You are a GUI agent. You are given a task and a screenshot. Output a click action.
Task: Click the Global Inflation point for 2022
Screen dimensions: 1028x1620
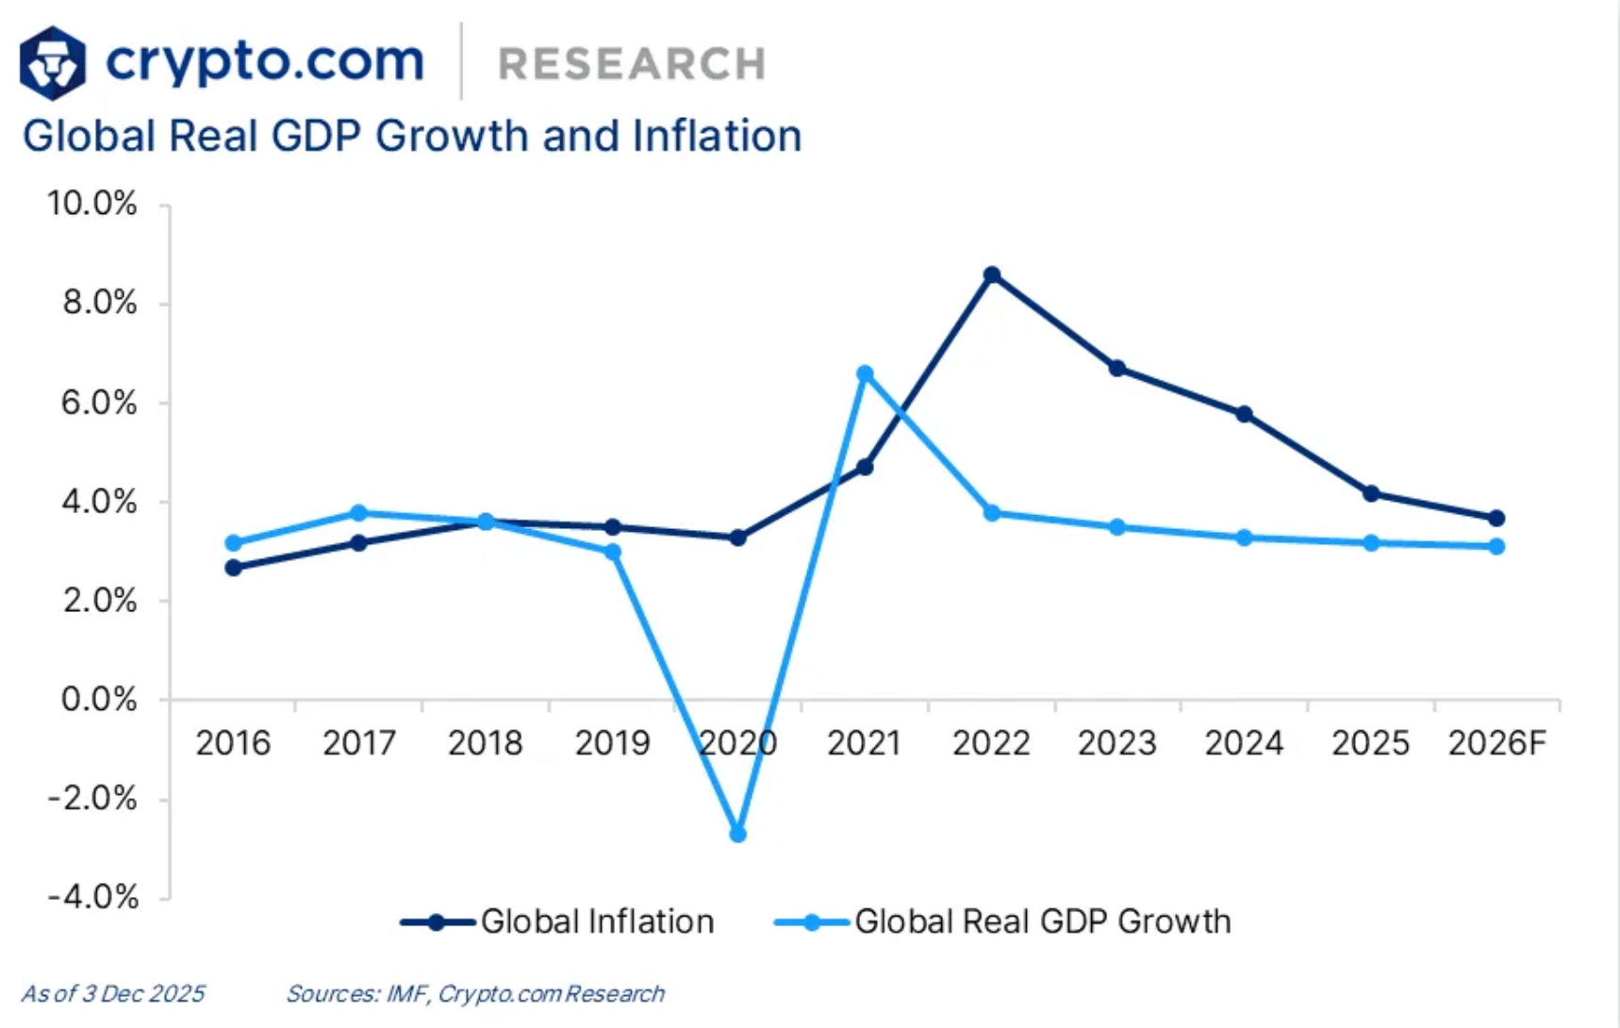pyautogui.click(x=991, y=275)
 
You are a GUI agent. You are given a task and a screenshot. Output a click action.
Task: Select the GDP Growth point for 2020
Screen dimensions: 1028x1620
pyautogui.click(x=738, y=834)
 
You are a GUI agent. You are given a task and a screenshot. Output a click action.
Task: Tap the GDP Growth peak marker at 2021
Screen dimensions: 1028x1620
pyautogui.click(x=865, y=374)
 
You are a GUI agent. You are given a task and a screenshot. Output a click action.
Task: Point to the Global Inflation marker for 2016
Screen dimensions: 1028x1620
pyautogui.click(x=233, y=568)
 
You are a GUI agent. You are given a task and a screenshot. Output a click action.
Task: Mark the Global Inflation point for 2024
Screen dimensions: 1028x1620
pyautogui.click(x=1245, y=414)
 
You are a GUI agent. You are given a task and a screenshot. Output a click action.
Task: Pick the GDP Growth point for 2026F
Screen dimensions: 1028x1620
pyautogui.click(x=1496, y=546)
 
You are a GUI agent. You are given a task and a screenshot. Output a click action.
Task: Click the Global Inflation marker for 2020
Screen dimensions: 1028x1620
pyautogui.click(x=738, y=538)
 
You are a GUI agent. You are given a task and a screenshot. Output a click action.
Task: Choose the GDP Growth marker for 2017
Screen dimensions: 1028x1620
pyautogui.click(x=358, y=513)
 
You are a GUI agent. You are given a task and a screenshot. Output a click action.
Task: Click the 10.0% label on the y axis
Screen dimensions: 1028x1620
pyautogui.click(x=92, y=204)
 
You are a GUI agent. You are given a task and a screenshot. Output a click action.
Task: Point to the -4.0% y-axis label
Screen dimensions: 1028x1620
pyautogui.click(x=92, y=896)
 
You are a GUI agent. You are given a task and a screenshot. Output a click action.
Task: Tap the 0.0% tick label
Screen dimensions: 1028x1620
pyautogui.click(x=98, y=700)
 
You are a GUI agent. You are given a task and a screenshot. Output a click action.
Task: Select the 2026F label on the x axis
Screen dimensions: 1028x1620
pyautogui.click(x=1496, y=744)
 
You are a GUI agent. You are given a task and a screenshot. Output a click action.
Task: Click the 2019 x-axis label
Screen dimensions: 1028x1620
pyautogui.click(x=612, y=744)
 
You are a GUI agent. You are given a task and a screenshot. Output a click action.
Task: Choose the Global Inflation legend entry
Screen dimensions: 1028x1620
pyautogui.click(x=558, y=921)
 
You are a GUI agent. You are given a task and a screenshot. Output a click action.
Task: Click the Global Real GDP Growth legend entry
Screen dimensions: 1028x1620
pyautogui.click(x=1003, y=921)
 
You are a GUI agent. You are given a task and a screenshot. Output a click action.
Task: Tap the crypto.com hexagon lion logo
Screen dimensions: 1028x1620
pyautogui.click(x=53, y=63)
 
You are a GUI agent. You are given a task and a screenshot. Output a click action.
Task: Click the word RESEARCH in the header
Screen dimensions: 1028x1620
pyautogui.click(x=632, y=64)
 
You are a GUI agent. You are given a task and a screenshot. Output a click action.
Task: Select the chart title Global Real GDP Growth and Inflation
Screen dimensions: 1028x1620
pyautogui.click(x=412, y=136)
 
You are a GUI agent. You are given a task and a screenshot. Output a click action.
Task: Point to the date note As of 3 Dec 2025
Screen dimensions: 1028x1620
pyautogui.click(x=112, y=993)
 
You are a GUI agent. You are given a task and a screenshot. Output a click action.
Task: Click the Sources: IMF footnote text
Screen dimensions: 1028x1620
pyautogui.click(x=475, y=993)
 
